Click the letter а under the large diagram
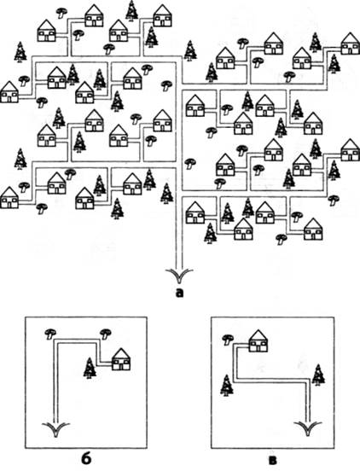179,293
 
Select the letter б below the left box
85,460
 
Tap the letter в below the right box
273,461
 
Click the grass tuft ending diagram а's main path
179,275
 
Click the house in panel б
121,359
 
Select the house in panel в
258,340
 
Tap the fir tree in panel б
90,368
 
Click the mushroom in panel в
228,340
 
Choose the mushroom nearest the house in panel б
106,334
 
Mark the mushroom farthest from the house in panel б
50,334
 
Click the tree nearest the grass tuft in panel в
318,375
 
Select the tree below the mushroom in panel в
227,386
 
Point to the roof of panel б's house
121,353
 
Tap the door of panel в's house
258,348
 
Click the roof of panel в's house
258,334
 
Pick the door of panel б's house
121,366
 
